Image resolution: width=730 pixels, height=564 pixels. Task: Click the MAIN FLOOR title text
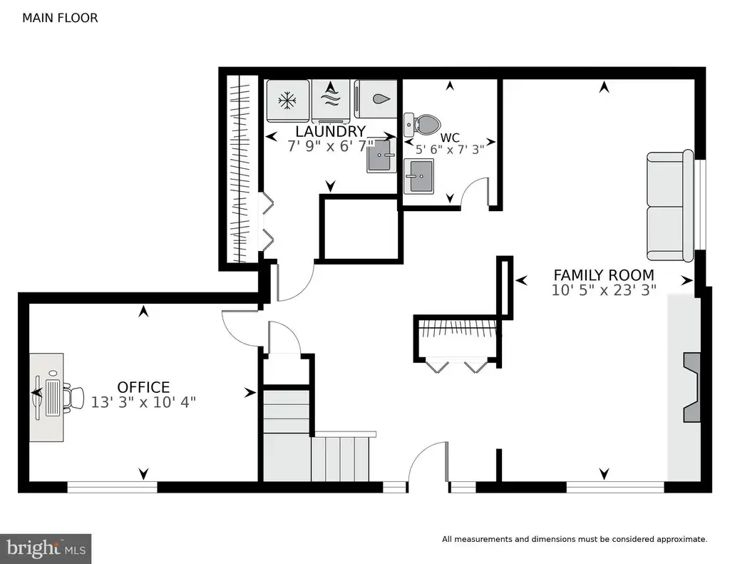pos(60,18)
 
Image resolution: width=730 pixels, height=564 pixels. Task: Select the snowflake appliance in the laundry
pos(288,101)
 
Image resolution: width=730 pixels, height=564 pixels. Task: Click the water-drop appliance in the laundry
pos(376,99)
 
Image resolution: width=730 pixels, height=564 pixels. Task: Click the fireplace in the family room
pos(692,387)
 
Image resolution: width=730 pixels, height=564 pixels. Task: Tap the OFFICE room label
pos(143,387)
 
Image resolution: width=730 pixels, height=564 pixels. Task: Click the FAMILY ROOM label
pos(604,275)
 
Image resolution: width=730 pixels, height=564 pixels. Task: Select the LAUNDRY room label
pos(331,131)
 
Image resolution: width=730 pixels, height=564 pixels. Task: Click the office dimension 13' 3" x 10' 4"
pos(143,402)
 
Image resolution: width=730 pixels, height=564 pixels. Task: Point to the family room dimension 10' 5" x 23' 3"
pos(604,290)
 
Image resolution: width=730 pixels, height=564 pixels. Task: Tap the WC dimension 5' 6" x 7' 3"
pos(450,150)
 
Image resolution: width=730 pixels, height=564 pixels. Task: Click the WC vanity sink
pos(418,176)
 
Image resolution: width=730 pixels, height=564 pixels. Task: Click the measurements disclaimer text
pos(575,539)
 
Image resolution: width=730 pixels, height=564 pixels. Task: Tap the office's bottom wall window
pos(112,487)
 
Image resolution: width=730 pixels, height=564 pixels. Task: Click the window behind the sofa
pos(700,205)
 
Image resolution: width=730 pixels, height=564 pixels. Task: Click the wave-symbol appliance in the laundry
pos(331,99)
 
